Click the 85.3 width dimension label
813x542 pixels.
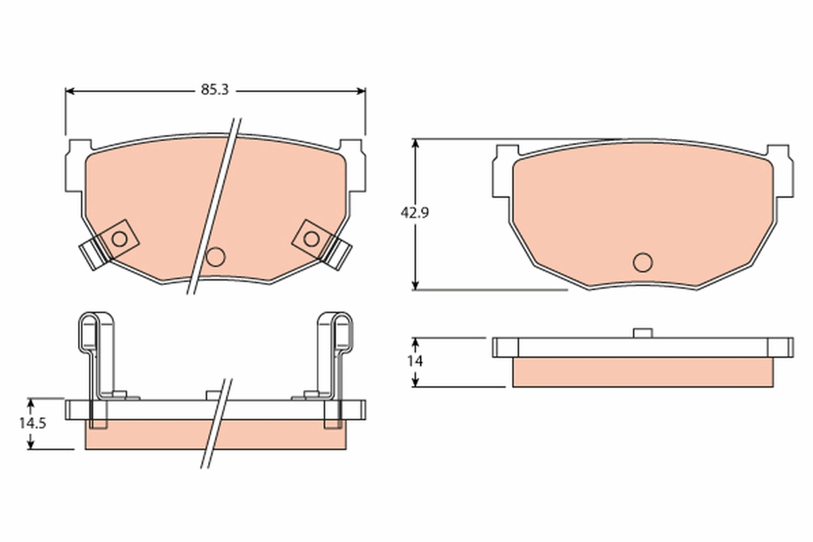click(x=215, y=89)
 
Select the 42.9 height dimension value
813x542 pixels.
click(x=415, y=213)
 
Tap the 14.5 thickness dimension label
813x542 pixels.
click(x=33, y=423)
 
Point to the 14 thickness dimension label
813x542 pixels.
click(x=415, y=361)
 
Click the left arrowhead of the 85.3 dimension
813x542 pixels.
click(x=70, y=91)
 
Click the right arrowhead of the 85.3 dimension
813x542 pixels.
click(x=361, y=91)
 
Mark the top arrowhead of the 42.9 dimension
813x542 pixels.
click(x=415, y=144)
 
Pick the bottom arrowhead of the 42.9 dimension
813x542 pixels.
click(x=415, y=285)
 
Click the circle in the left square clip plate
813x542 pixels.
click(x=119, y=239)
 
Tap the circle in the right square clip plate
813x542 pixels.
click(x=312, y=239)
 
